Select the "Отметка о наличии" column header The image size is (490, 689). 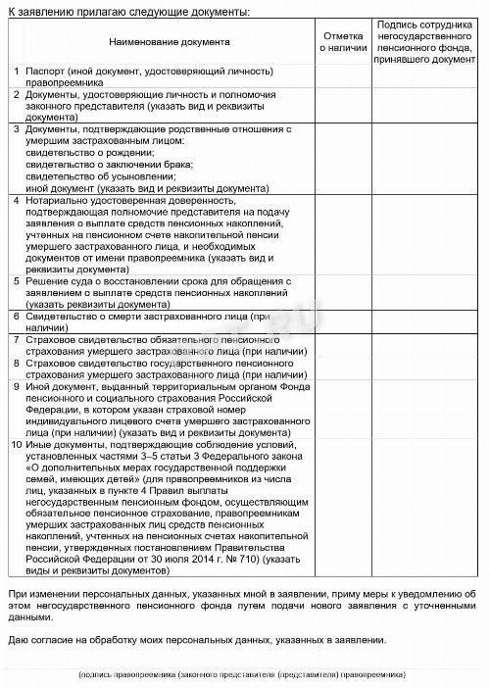[x=343, y=42]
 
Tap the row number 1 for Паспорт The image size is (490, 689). [x=15, y=72]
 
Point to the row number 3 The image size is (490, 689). [x=15, y=129]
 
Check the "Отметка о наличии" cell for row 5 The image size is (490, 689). [x=343, y=292]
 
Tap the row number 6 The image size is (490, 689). [x=15, y=317]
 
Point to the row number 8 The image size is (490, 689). [x=15, y=363]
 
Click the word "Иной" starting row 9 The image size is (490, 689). [x=36, y=386]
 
